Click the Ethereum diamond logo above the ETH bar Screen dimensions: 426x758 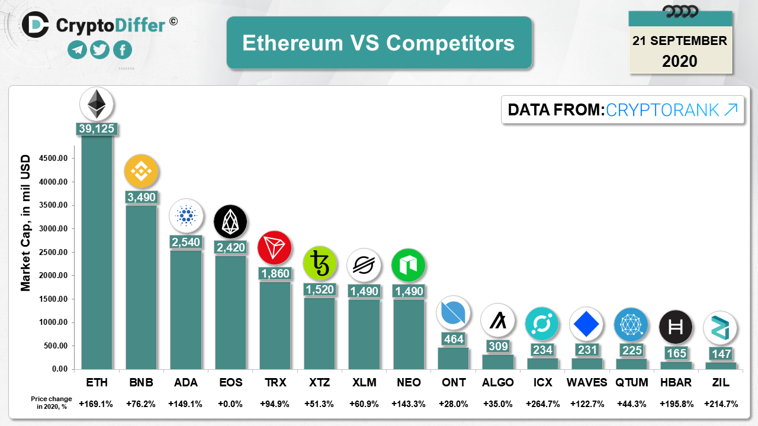pos(97,104)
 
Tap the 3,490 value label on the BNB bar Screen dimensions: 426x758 pos(141,197)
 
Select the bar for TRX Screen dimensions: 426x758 pos(275,325)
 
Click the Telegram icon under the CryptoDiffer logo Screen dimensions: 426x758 pos(77,50)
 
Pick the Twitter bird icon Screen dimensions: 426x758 pos(99,50)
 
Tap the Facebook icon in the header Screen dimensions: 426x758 pos(123,50)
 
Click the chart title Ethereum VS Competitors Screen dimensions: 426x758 pos(379,43)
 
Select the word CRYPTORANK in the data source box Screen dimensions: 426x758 pos(663,109)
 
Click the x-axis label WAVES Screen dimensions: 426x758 pos(587,382)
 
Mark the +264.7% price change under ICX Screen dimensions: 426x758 pos(542,404)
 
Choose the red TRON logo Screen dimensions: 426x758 pos(275,247)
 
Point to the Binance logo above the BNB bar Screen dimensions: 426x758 pos(141,171)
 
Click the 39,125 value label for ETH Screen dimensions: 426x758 pos(97,128)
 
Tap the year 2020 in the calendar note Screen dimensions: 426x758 pos(679,61)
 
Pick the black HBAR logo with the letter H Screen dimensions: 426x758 pos(675,327)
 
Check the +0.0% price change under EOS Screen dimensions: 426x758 pos(230,404)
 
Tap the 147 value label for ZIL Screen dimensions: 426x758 pos(720,354)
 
